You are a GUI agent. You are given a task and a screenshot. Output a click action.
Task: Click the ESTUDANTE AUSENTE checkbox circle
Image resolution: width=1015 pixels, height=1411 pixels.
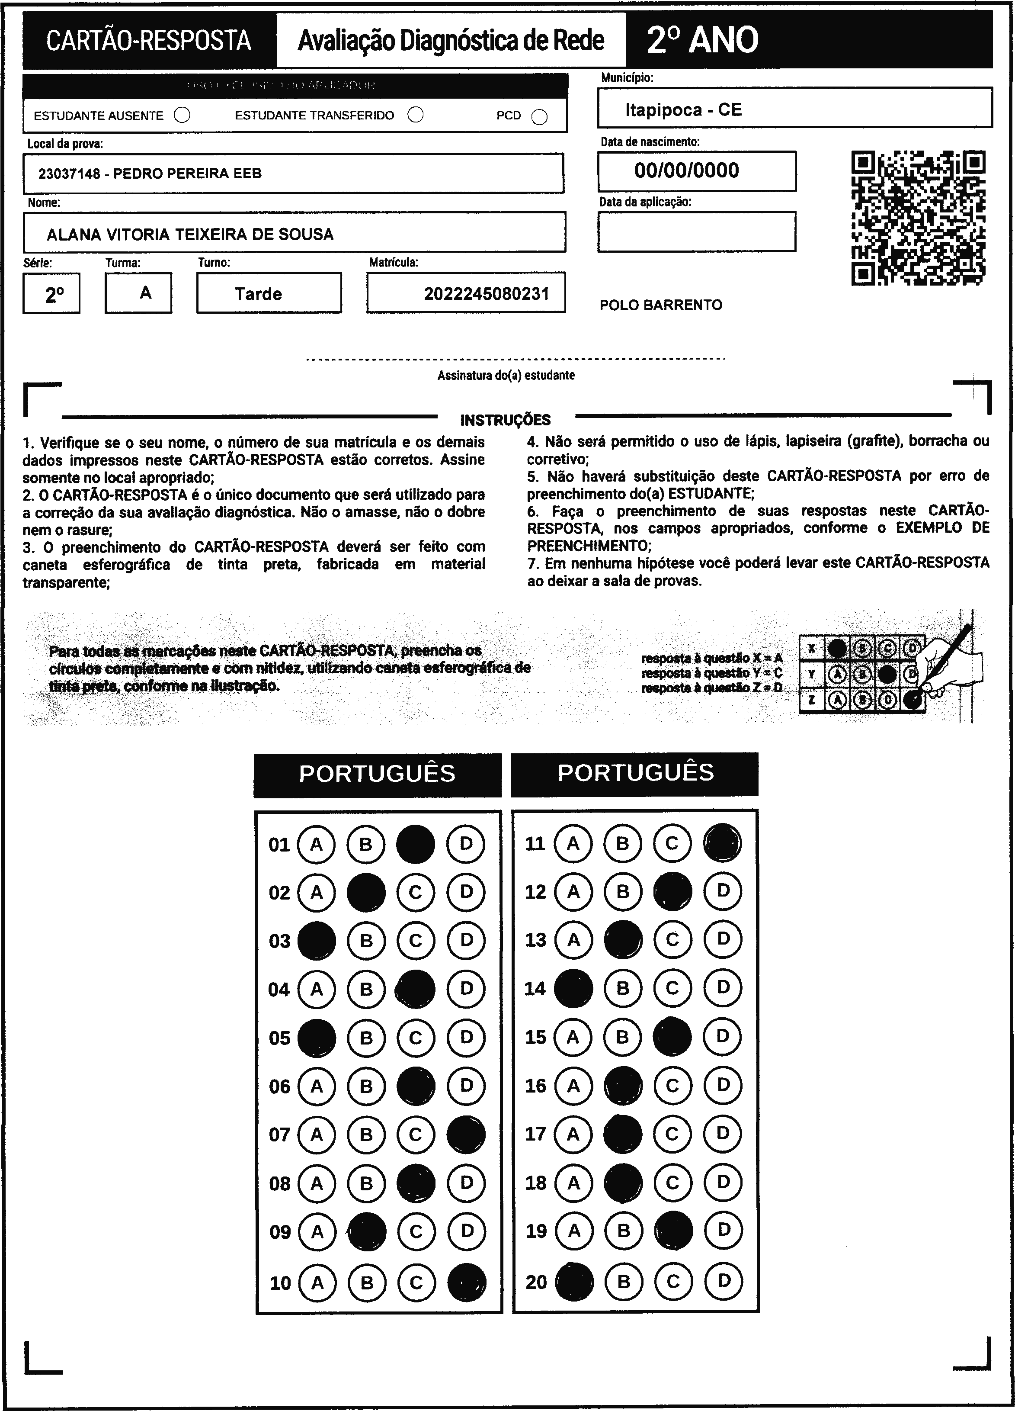[182, 115]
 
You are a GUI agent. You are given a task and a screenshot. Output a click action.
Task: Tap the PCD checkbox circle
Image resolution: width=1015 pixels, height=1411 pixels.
[540, 117]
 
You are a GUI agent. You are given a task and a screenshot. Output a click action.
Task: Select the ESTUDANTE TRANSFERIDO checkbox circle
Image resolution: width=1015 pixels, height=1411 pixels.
[416, 115]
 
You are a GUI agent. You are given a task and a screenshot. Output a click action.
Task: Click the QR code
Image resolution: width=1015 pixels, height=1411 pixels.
[918, 218]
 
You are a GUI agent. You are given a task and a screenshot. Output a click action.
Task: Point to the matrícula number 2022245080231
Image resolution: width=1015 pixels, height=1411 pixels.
[487, 294]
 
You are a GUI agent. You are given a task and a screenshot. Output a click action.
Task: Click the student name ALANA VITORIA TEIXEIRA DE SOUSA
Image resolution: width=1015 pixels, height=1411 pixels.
[190, 234]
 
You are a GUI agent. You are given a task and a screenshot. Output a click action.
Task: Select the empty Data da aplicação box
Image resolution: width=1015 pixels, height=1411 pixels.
[697, 231]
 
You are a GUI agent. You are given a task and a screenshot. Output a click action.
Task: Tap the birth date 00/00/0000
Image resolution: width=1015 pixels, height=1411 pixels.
[687, 170]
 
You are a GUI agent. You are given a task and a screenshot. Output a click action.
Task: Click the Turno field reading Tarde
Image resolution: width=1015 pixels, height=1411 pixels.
[258, 294]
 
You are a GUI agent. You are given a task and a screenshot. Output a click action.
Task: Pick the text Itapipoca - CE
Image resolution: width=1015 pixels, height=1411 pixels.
[683, 110]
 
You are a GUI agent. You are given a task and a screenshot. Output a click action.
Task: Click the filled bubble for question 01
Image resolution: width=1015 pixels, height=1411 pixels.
[416, 844]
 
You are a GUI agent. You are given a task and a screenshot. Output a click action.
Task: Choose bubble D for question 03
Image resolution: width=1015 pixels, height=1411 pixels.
[467, 940]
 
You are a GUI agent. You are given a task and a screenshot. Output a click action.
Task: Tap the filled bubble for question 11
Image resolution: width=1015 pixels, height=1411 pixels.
[722, 843]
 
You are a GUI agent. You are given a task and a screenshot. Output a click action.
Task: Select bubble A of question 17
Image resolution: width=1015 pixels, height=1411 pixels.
[573, 1134]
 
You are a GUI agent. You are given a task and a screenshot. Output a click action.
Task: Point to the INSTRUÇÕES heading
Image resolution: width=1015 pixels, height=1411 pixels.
[505, 420]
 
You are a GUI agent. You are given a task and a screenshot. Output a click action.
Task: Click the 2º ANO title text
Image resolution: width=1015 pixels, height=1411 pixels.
[702, 40]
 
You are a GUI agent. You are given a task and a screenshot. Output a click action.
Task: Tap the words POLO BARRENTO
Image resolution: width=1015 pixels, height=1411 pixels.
[660, 305]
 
